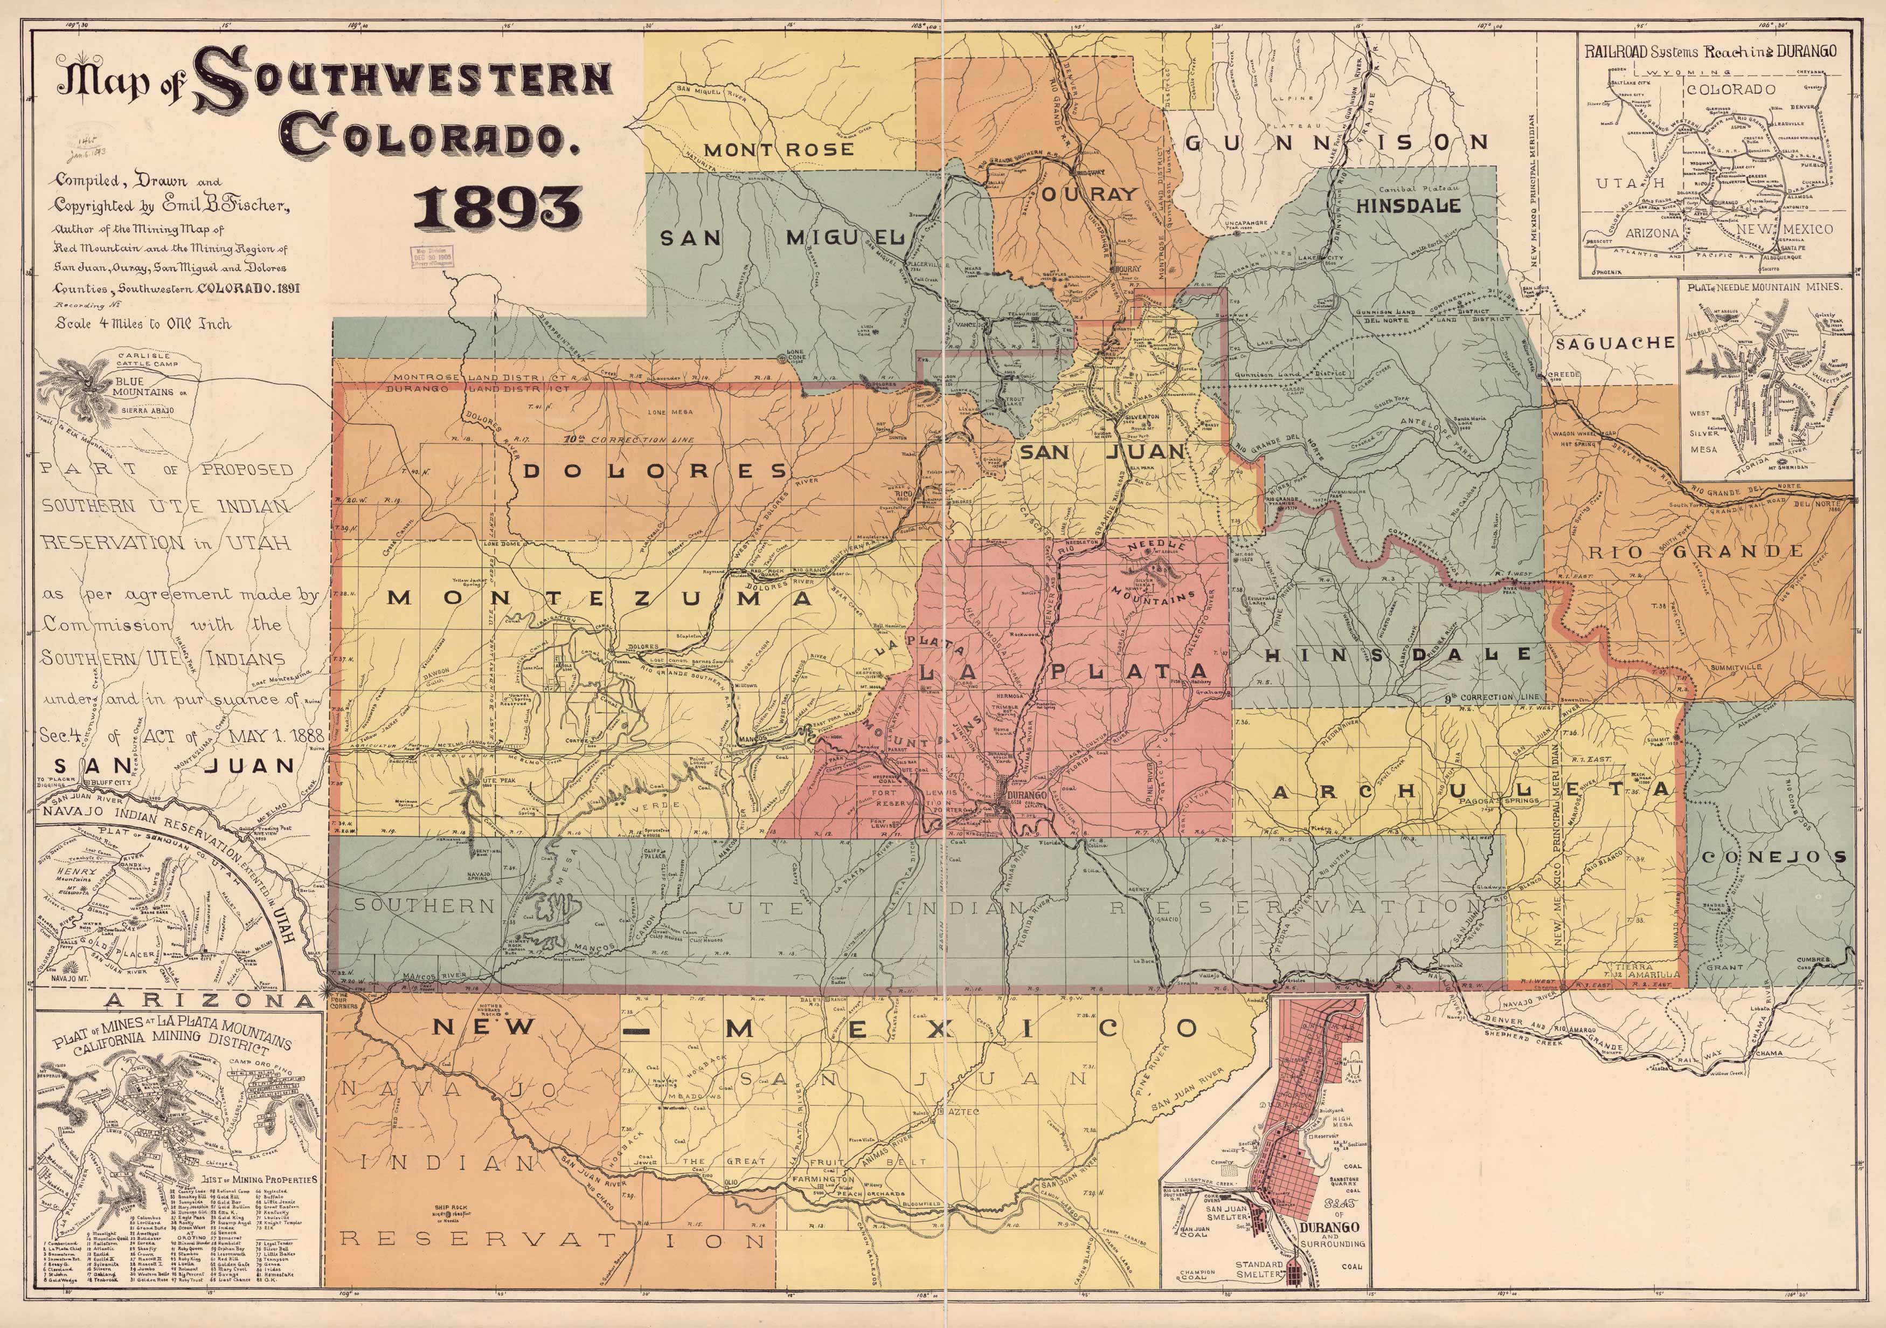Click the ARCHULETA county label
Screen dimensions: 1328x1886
(x=1472, y=790)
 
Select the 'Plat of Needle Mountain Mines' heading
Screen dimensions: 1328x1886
(x=1764, y=287)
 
